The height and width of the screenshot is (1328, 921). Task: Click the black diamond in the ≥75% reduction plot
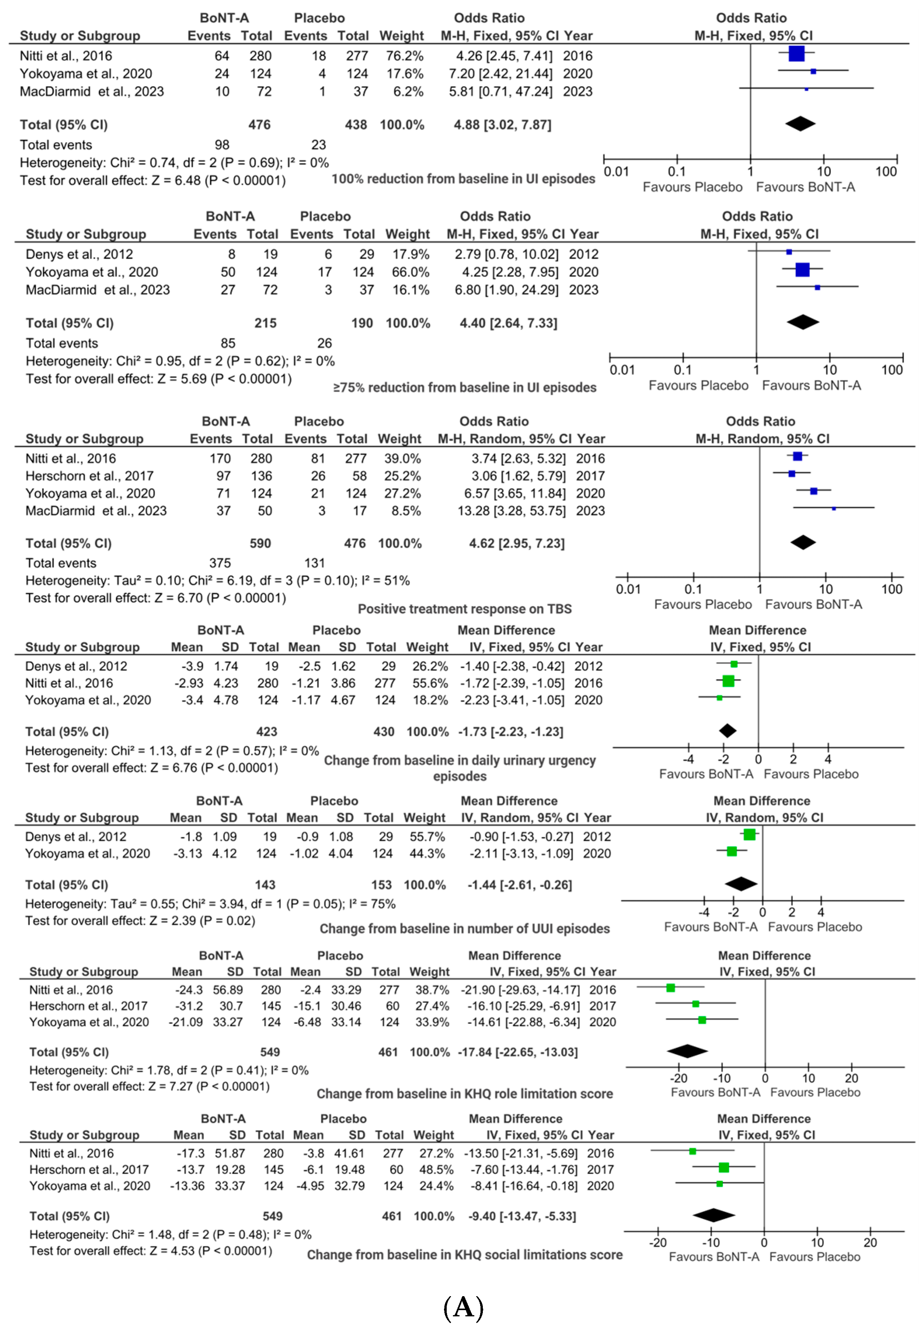point(803,322)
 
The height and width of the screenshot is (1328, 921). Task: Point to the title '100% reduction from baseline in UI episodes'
point(463,179)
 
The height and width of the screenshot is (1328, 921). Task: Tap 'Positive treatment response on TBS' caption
point(465,609)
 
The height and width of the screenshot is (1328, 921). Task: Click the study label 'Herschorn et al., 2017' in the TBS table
point(89,476)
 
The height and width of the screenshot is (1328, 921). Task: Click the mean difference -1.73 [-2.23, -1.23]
point(511,731)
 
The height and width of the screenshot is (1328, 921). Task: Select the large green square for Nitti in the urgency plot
point(728,681)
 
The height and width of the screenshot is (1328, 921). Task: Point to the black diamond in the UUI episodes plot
point(741,884)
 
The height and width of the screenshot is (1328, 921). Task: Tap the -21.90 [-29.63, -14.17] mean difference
point(520,990)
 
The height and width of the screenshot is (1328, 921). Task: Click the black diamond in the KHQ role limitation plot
point(687,1051)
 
